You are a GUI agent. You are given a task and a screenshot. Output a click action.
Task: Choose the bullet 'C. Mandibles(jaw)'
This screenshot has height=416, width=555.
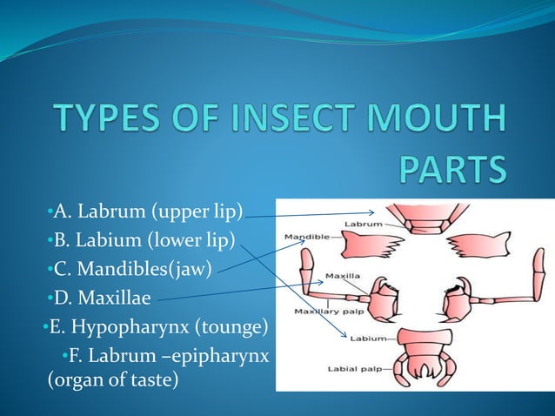point(132,269)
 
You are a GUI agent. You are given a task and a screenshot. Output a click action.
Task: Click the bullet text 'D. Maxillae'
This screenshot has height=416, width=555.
point(102,299)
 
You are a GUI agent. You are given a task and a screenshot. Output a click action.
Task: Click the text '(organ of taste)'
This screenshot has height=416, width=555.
point(112,379)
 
